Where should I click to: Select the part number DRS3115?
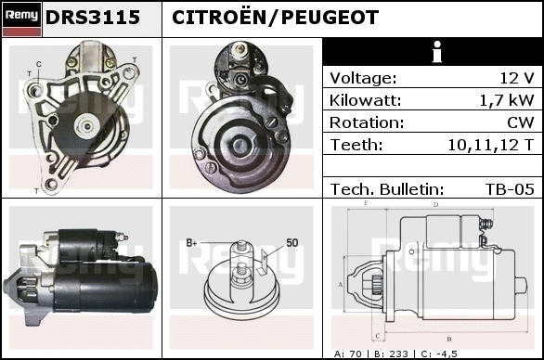(x=93, y=18)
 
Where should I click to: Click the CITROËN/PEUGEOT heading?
(x=275, y=17)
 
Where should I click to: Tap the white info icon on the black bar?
(x=437, y=52)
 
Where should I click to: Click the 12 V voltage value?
(x=517, y=78)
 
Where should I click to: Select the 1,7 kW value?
(x=507, y=100)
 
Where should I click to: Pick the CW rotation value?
(x=521, y=122)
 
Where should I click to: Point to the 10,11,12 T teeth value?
(x=491, y=145)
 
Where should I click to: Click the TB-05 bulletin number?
(x=510, y=189)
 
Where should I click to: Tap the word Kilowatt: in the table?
(x=365, y=100)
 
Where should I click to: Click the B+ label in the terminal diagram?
(x=191, y=242)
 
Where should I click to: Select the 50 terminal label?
(x=292, y=242)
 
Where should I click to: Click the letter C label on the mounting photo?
(x=38, y=64)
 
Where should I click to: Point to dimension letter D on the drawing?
(x=435, y=205)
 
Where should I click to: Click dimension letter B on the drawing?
(x=449, y=339)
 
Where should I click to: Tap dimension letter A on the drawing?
(x=341, y=285)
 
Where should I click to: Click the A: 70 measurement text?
(x=347, y=354)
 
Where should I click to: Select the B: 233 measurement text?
(x=391, y=354)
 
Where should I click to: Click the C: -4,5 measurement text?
(x=439, y=354)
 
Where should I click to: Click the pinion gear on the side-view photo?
(x=26, y=288)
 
